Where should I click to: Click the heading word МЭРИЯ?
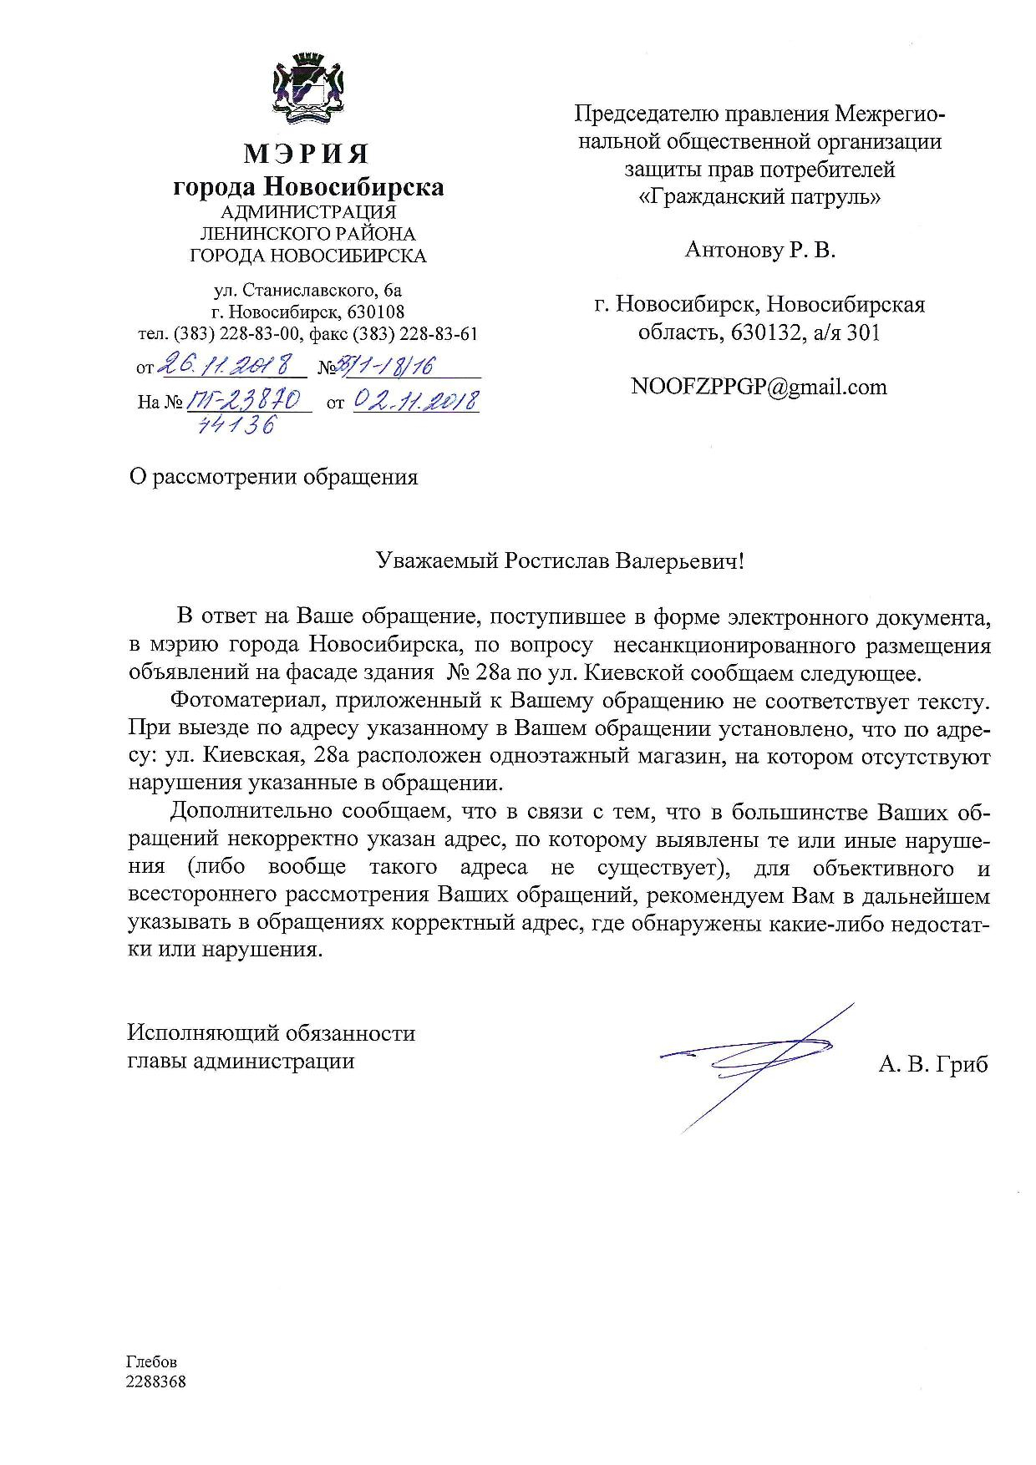307,155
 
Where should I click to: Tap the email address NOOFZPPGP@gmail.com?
759,387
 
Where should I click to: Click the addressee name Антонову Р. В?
759,250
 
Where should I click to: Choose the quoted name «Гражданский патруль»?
759,198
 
